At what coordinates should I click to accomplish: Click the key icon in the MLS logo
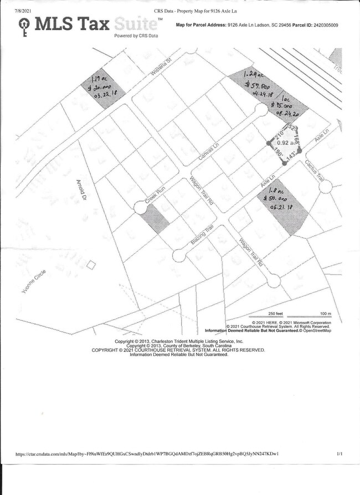24,25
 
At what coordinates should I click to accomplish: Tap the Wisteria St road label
162,66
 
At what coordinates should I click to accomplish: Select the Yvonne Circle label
34,283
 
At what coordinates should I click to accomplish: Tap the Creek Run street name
155,197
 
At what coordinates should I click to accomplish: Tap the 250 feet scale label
276,313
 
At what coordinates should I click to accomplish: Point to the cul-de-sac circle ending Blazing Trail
179,255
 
